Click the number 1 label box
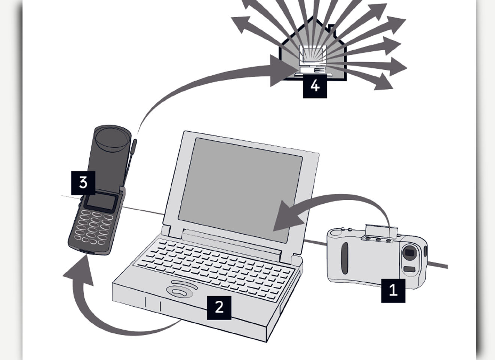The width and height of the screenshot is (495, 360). [x=393, y=290]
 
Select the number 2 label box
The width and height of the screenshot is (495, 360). [x=219, y=307]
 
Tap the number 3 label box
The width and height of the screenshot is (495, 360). [x=83, y=183]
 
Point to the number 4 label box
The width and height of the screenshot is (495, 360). [x=315, y=86]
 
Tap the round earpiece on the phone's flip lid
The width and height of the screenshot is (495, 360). [x=111, y=138]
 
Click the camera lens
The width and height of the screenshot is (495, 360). [x=409, y=252]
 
